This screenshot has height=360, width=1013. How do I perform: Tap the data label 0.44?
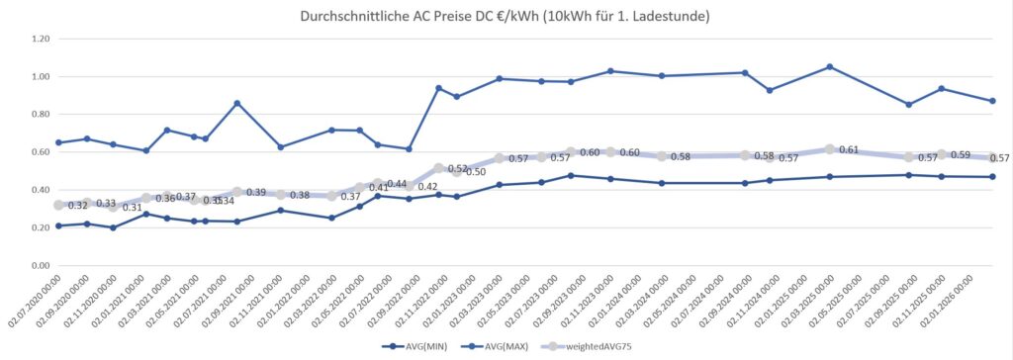396,185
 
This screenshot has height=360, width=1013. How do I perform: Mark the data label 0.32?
77,206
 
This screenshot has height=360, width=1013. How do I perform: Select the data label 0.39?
255,193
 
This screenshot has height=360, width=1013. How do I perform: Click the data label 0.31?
132,208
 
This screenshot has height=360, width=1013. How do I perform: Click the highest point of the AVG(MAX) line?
829,66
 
